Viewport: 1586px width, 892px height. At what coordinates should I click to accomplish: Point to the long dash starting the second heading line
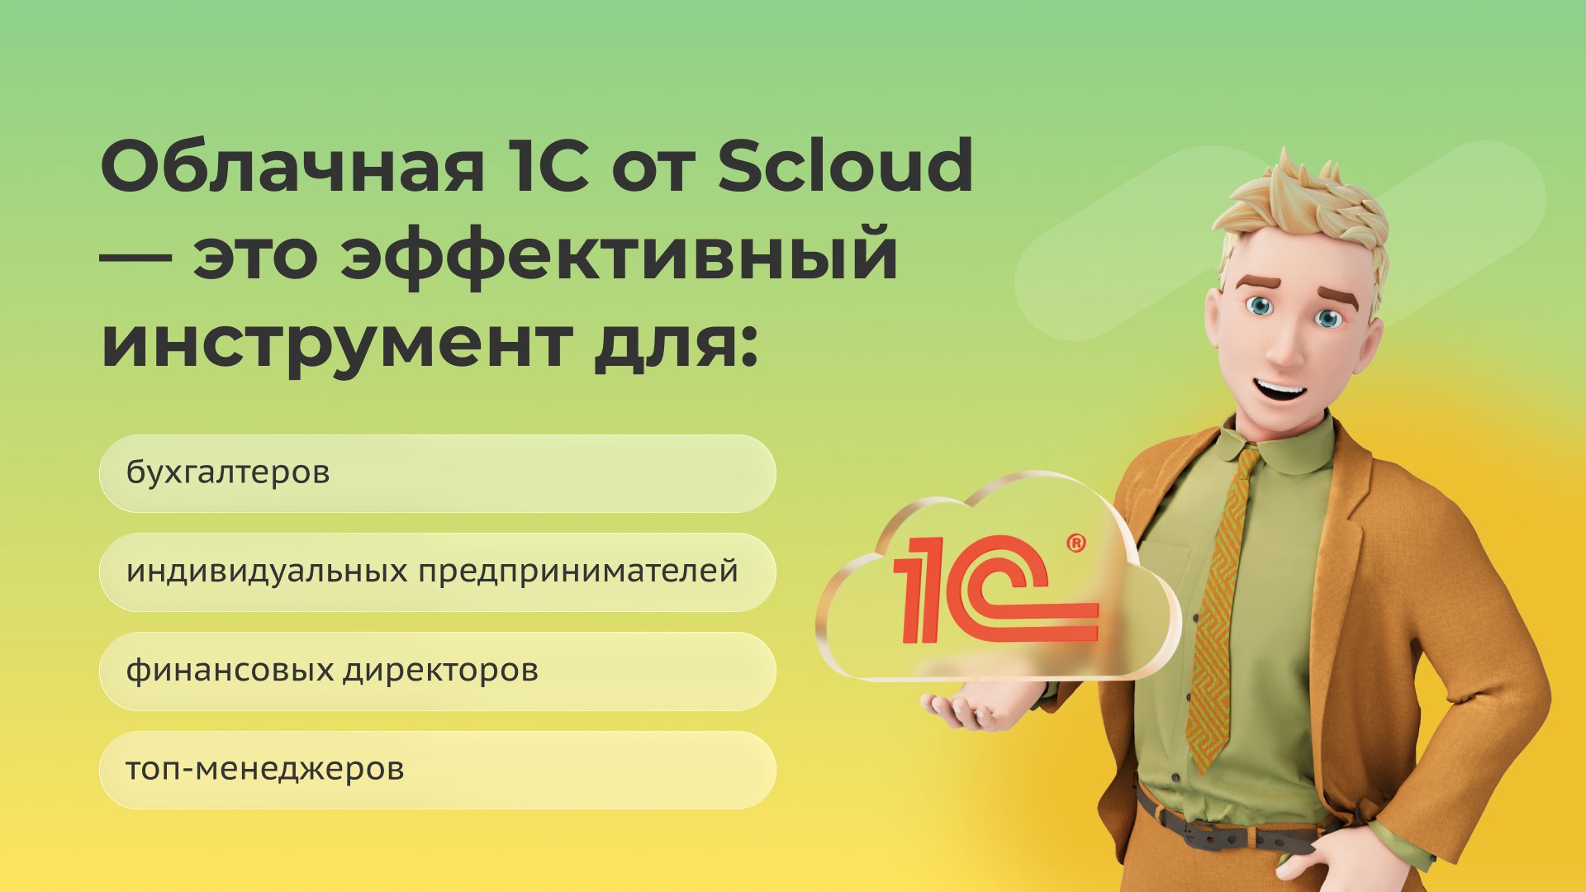(x=135, y=255)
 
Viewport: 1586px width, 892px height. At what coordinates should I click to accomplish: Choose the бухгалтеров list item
(x=438, y=473)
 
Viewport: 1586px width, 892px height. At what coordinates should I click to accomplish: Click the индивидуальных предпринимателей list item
(x=438, y=572)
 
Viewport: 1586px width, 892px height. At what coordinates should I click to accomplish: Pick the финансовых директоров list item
(x=438, y=671)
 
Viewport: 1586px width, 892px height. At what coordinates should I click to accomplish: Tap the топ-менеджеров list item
(x=438, y=770)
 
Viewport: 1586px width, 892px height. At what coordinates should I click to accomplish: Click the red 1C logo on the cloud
(x=995, y=591)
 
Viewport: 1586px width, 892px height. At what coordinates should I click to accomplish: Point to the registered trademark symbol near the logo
(x=1076, y=543)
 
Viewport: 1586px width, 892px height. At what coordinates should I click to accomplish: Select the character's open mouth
(x=1281, y=387)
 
